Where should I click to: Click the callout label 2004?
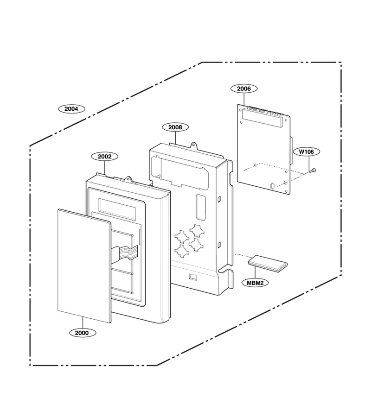click(71, 109)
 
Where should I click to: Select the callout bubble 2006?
click(244, 88)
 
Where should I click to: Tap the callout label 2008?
click(175, 127)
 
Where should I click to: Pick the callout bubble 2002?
click(105, 157)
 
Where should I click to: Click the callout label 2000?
click(82, 333)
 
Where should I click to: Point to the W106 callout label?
click(307, 152)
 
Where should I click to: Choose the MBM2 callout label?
click(255, 283)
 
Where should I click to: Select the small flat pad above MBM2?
click(268, 263)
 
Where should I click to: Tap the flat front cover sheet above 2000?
click(84, 265)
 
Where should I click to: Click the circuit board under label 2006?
click(263, 149)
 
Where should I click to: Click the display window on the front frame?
click(117, 208)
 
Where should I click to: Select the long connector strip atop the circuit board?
click(262, 118)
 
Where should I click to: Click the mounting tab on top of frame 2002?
click(129, 179)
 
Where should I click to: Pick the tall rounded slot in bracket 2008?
click(201, 208)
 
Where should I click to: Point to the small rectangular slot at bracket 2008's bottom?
click(193, 277)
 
